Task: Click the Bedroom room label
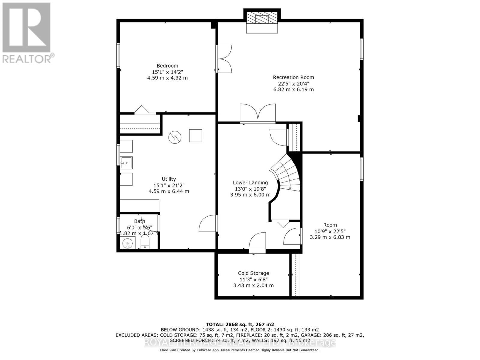(167, 66)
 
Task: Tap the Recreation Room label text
(293, 77)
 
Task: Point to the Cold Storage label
(253, 273)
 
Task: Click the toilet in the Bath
(145, 242)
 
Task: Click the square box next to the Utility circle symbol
(195, 136)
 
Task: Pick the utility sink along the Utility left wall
(126, 163)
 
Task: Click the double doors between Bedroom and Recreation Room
(224, 59)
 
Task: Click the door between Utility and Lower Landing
(208, 223)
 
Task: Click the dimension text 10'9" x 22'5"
(330, 231)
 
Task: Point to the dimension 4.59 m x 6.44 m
(169, 191)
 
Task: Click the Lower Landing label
(250, 183)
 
